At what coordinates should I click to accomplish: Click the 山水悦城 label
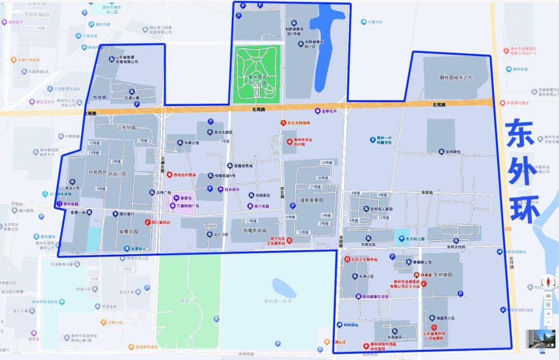pyautogui.click(x=126, y=127)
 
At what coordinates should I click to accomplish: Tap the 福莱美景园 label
pyautogui.click(x=311, y=200)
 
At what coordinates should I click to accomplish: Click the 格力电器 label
pyautogui.click(x=261, y=206)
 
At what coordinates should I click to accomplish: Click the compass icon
pyautogui.click(x=548, y=282)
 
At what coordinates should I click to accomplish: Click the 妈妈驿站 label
pyautogui.click(x=351, y=325)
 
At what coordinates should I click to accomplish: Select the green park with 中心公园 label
pyautogui.click(x=258, y=73)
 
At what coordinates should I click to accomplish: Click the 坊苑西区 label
pyautogui.click(x=97, y=173)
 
